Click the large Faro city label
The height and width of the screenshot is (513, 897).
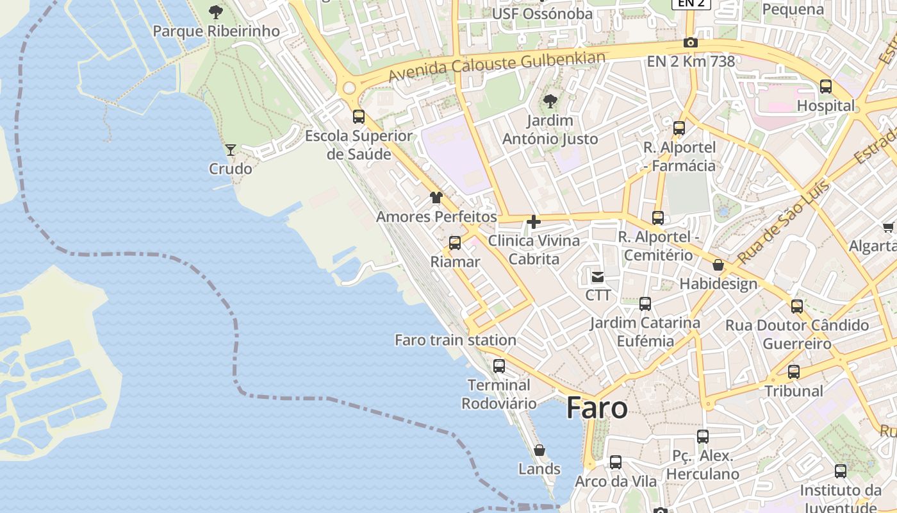(597, 408)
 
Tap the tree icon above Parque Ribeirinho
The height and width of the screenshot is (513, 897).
(216, 12)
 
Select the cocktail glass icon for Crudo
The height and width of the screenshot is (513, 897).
(231, 150)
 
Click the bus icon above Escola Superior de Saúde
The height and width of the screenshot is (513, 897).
(359, 117)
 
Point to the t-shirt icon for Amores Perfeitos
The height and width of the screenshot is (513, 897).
(436, 198)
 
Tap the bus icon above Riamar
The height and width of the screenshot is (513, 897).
(455, 243)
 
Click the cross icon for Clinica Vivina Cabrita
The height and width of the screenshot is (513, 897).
(533, 222)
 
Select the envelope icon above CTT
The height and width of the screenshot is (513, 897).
(598, 277)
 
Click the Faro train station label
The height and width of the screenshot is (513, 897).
(455, 340)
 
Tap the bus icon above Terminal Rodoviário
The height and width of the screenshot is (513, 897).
(499, 366)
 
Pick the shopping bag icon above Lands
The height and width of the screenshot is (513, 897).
(539, 450)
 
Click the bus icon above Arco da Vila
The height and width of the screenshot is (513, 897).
(616, 462)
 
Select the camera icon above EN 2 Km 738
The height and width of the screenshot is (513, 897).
(691, 43)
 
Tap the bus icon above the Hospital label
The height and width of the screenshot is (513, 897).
(826, 87)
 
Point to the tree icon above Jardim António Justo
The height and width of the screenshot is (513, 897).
(550, 101)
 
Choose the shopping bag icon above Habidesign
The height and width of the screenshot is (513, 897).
(718, 265)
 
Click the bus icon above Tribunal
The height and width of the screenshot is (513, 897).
(794, 372)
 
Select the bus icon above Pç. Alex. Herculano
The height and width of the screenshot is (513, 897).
(703, 437)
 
